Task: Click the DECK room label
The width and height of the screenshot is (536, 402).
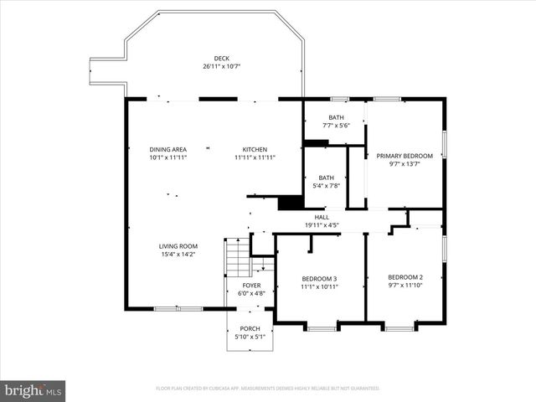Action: coord(221,59)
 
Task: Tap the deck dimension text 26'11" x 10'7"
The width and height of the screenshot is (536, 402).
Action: coord(221,66)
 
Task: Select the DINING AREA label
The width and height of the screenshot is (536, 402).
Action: coord(167,149)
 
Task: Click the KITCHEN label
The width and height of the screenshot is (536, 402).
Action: coord(255,149)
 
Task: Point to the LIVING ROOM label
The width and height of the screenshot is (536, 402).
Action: coord(179,246)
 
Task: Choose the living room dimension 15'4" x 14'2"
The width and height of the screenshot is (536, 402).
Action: coord(179,254)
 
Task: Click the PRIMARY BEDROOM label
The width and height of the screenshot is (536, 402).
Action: coord(405,156)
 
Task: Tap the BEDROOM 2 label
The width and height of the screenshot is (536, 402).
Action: coord(405,277)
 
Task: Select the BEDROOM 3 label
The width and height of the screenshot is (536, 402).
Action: coord(319,279)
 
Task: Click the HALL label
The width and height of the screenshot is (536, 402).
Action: coord(322,217)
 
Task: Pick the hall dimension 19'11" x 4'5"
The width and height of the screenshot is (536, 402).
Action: coord(322,224)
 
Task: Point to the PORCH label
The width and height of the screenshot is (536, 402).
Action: coord(250,328)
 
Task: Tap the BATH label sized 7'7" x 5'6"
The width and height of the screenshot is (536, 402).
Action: coord(336,117)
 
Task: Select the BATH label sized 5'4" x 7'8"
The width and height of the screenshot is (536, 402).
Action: coord(326,178)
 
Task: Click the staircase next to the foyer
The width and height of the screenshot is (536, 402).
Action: coord(238,257)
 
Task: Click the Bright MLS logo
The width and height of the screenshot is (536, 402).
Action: coord(33,390)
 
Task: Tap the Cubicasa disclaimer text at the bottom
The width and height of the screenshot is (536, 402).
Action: coord(268,389)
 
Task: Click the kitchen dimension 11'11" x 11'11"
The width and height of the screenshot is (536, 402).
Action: coord(255,157)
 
